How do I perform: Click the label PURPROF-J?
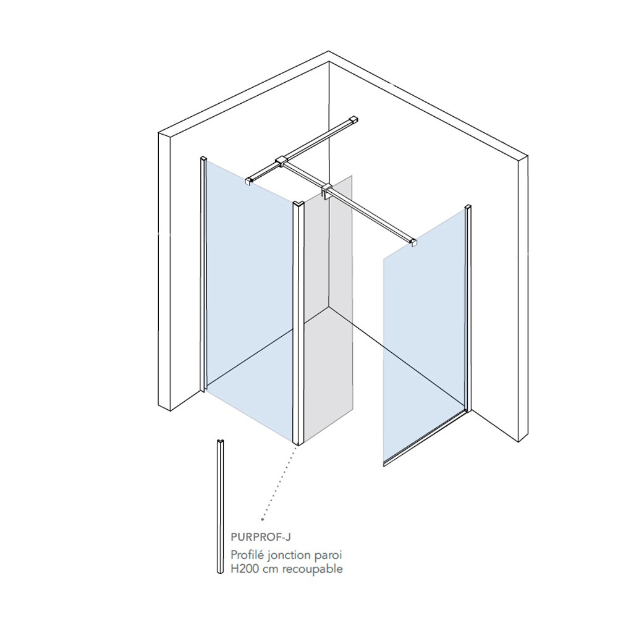click(x=261, y=537)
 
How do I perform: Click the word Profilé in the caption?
click(x=247, y=555)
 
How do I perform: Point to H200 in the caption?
click(x=245, y=569)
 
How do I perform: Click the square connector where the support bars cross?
click(x=282, y=161)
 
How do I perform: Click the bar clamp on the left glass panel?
click(x=250, y=180)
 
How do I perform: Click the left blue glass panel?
click(x=250, y=300)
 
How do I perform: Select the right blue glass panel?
click(x=424, y=335)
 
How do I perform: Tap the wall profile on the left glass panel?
click(x=203, y=275)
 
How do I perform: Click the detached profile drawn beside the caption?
click(x=221, y=506)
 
